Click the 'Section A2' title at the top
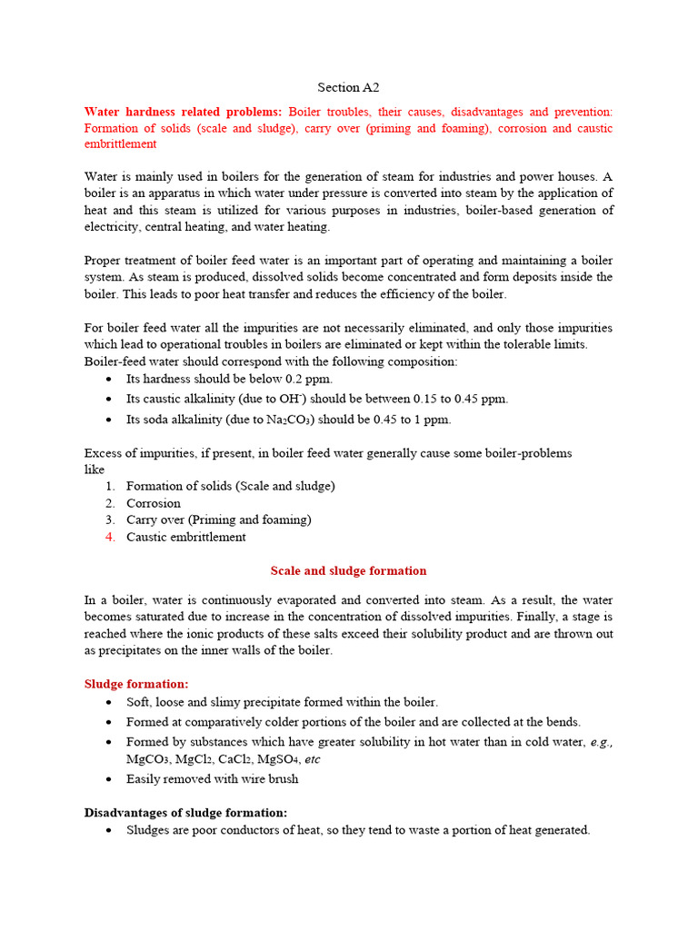coord(348,87)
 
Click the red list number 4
coord(109,537)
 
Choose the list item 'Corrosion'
coord(154,503)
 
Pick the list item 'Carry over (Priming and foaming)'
coord(218,519)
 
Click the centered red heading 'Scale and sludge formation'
coord(348,570)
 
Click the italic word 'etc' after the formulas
coord(313,758)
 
